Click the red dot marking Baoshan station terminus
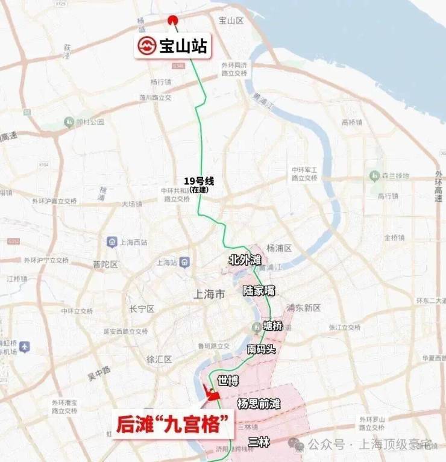pyautogui.click(x=173, y=19)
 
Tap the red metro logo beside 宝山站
pyautogui.click(x=146, y=46)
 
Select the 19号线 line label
pyautogui.click(x=199, y=181)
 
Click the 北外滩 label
pyautogui.click(x=245, y=260)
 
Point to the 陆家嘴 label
pyautogui.click(x=259, y=290)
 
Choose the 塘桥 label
pyautogui.click(x=272, y=326)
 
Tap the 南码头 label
pyautogui.click(x=261, y=349)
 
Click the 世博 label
pyautogui.click(x=228, y=380)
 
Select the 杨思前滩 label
pyautogui.click(x=259, y=403)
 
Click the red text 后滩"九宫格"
pyautogui.click(x=173, y=425)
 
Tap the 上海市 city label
pyautogui.click(x=207, y=295)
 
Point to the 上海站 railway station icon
pyautogui.click(x=184, y=262)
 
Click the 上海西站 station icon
pyautogui.click(x=112, y=242)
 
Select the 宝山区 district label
pyautogui.click(x=230, y=21)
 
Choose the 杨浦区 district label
pyautogui.click(x=279, y=248)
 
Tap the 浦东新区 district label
pyautogui.click(x=304, y=308)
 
